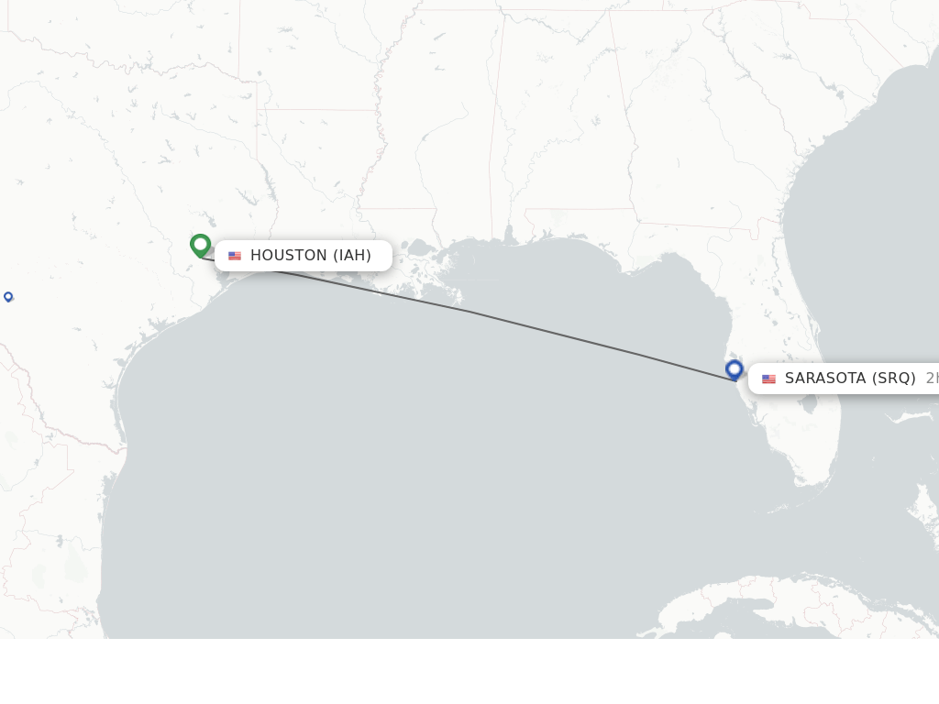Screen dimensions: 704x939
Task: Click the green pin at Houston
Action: (201, 246)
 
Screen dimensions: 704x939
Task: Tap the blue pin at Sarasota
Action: (734, 369)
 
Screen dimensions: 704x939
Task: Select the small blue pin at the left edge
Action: (8, 296)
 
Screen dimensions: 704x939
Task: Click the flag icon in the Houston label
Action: (235, 256)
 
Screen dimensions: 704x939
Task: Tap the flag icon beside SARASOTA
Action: (768, 379)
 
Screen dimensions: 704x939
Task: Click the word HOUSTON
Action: (288, 256)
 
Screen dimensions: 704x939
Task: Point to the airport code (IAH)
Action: (352, 256)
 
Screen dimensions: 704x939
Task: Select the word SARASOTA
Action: (825, 379)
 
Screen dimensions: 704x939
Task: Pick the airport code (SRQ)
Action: (894, 379)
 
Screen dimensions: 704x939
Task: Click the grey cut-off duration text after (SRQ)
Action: (932, 379)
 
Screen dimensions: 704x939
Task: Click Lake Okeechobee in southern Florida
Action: (806, 403)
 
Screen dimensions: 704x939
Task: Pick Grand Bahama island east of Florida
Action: (917, 417)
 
